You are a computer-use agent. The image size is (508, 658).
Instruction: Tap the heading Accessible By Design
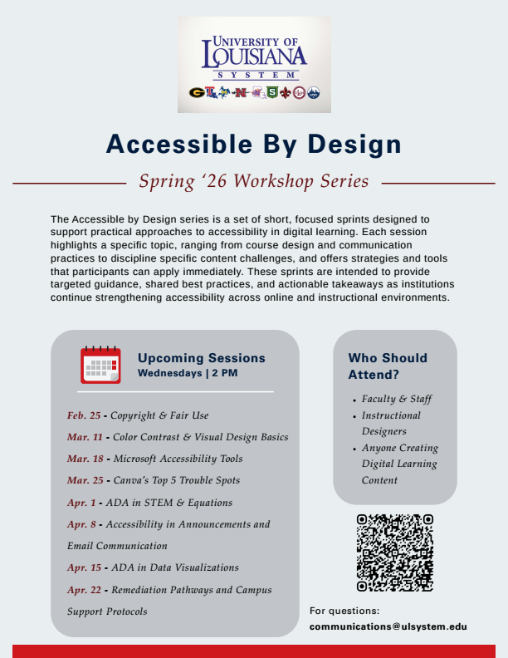click(x=254, y=144)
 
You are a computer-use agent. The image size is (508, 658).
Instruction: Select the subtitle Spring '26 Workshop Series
click(x=254, y=180)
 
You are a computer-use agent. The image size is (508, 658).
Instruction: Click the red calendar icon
click(x=100, y=366)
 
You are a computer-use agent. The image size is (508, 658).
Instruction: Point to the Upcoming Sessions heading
click(x=202, y=358)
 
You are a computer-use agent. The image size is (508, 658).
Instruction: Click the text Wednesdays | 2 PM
click(x=188, y=373)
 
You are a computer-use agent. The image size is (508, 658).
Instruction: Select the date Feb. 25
click(x=83, y=415)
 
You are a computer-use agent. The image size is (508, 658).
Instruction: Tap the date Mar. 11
click(x=84, y=437)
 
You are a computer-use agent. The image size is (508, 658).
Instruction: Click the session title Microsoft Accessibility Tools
click(x=178, y=459)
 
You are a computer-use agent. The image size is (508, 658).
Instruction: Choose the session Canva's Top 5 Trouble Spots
click(x=176, y=480)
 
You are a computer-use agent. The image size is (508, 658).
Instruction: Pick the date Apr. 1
click(x=81, y=503)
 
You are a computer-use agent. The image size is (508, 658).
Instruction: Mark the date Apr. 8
click(x=81, y=524)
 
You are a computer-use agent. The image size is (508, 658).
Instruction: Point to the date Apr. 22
click(x=84, y=590)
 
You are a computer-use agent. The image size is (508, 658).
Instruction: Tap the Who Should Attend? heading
click(x=388, y=366)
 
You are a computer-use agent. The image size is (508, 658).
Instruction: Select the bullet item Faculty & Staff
click(x=397, y=399)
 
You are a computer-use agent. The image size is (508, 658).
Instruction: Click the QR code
click(x=394, y=552)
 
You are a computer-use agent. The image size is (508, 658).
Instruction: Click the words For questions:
click(x=344, y=611)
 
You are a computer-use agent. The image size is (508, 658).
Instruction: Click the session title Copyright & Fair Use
click(x=159, y=415)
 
